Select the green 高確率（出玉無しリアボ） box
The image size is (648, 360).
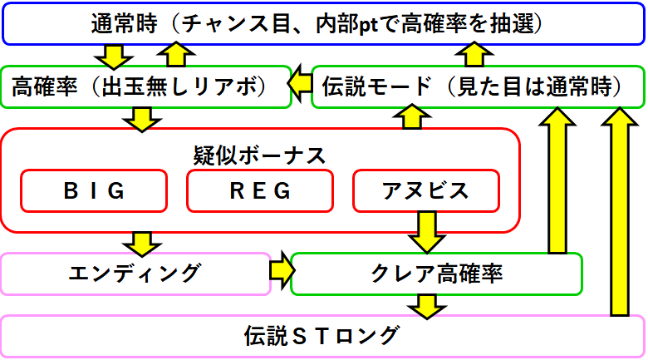click(x=146, y=86)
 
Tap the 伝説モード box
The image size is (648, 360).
click(x=478, y=86)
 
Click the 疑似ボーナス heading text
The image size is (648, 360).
click(x=259, y=155)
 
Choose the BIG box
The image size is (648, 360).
click(x=94, y=190)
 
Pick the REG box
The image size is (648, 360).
click(x=260, y=190)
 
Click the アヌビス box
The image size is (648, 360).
click(x=426, y=190)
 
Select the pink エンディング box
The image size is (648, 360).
click(x=135, y=274)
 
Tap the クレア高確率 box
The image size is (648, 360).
click(x=436, y=274)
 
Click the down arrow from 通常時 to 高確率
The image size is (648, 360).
click(x=114, y=57)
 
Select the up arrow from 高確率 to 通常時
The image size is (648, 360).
click(x=175, y=55)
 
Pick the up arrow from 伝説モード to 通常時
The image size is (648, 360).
click(x=476, y=55)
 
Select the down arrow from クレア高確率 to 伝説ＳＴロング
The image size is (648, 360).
click(x=426, y=305)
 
